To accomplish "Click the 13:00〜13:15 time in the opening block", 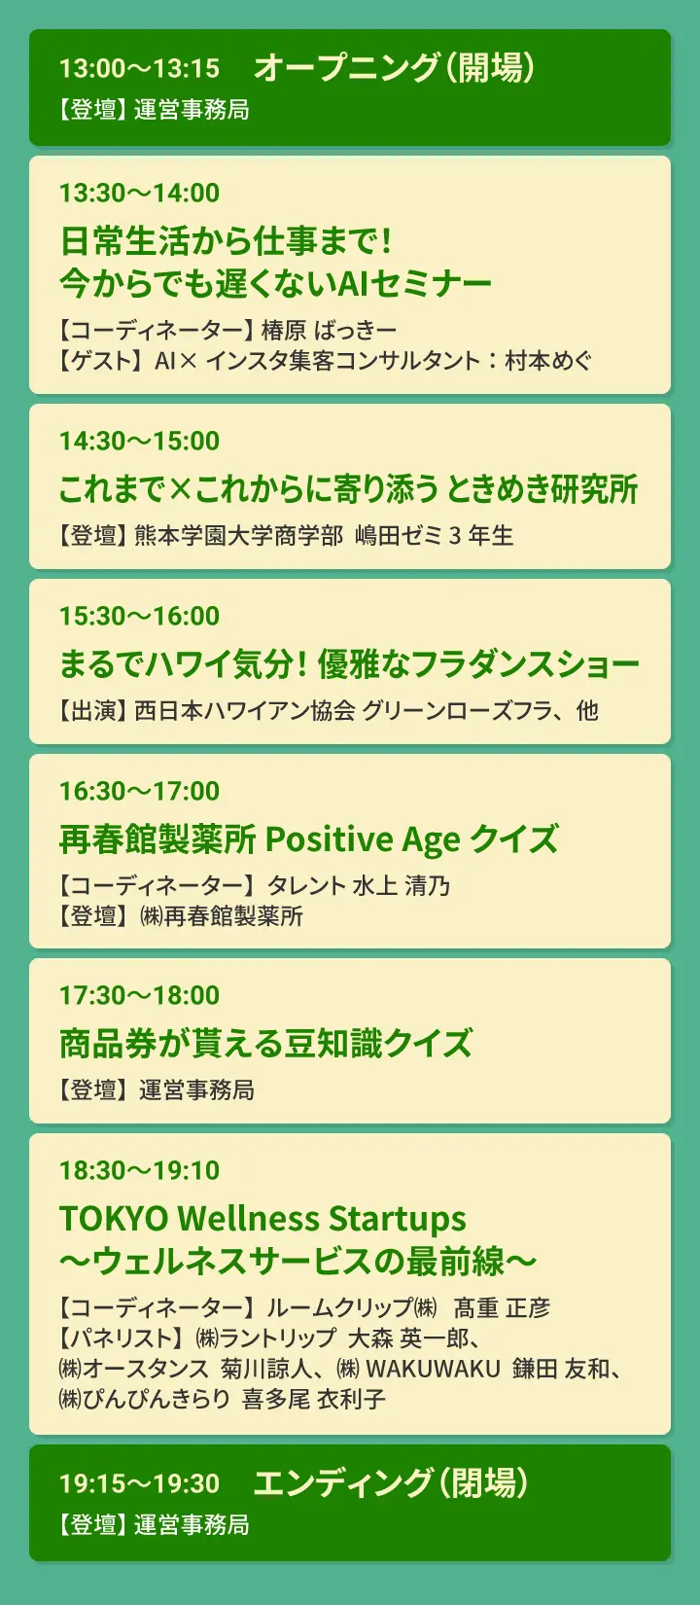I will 139,68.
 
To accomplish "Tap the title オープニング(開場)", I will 394,67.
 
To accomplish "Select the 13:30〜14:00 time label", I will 139,193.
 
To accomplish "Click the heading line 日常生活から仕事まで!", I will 226,240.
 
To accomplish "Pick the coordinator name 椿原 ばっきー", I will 329,331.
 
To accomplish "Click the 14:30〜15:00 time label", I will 139,441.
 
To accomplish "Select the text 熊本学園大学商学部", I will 239,536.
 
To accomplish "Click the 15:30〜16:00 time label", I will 139,616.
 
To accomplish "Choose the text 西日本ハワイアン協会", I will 245,711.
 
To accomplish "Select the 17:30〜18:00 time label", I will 139,995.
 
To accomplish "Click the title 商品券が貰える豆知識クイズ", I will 265,1044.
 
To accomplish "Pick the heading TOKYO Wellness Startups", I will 262,1219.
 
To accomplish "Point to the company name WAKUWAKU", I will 433,1369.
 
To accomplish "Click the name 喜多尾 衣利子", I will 314,1399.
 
